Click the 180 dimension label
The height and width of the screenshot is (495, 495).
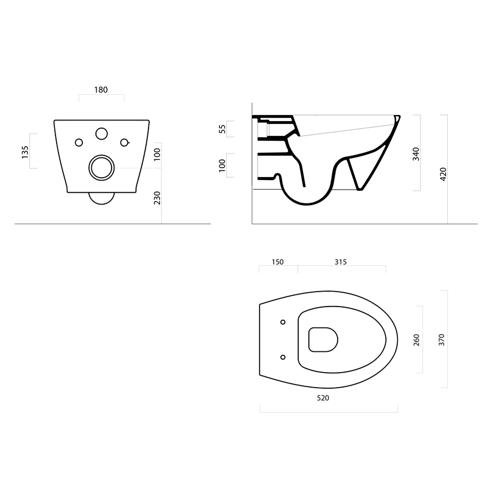pyautogui.click(x=101, y=90)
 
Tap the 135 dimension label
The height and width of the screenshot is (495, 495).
pyautogui.click(x=25, y=152)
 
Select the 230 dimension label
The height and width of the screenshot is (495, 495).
pyautogui.click(x=157, y=198)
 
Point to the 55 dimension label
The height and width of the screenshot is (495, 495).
pyautogui.click(x=222, y=129)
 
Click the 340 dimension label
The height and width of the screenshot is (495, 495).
pyautogui.click(x=416, y=154)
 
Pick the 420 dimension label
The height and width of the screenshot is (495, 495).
pyautogui.click(x=443, y=174)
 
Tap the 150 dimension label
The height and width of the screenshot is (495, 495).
pyautogui.click(x=277, y=262)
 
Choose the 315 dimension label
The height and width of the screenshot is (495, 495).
pyautogui.click(x=341, y=262)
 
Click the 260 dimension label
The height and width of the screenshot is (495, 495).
pyautogui.click(x=416, y=340)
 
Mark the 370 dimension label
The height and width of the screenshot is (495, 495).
pyautogui.click(x=442, y=340)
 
